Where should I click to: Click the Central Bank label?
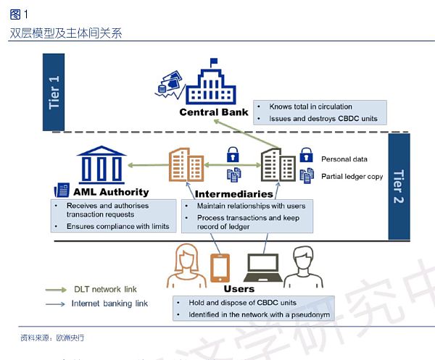click(214, 112)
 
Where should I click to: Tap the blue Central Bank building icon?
click(211, 85)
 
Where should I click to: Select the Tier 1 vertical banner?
click(54, 92)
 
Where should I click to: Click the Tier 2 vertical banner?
click(398, 186)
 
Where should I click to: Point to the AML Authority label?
click(111, 192)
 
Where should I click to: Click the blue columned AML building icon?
click(102, 164)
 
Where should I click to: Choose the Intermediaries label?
click(233, 194)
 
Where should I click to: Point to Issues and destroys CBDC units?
click(323, 119)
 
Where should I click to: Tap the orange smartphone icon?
click(219, 267)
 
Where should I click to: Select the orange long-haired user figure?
click(183, 267)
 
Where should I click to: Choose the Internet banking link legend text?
click(109, 304)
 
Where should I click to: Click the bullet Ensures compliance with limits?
click(117, 227)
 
